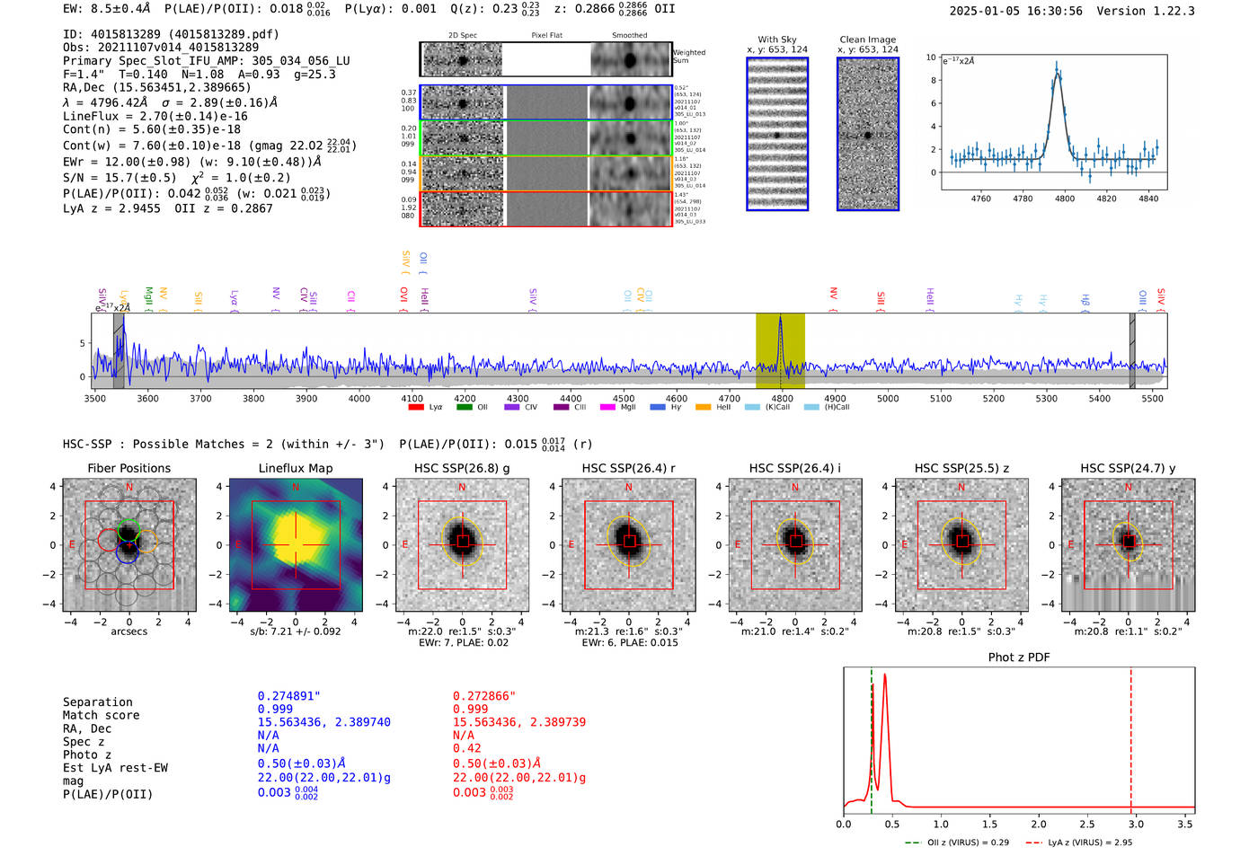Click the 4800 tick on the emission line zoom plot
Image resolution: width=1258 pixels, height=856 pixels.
click(x=1065, y=199)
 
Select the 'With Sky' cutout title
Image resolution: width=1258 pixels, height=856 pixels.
click(x=776, y=40)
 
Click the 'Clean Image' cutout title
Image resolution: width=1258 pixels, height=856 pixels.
click(x=867, y=40)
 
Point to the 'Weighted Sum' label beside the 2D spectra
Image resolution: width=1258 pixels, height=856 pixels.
click(x=689, y=57)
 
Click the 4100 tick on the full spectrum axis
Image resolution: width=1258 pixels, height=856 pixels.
click(x=412, y=399)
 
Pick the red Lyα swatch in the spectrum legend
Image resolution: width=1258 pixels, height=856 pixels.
click(x=416, y=408)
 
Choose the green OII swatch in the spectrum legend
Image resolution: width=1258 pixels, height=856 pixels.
click(x=464, y=408)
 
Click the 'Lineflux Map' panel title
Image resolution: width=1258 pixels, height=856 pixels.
click(x=295, y=468)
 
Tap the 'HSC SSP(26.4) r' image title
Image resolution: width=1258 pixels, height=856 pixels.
click(x=628, y=468)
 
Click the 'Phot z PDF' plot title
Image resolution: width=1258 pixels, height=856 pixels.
click(x=1019, y=657)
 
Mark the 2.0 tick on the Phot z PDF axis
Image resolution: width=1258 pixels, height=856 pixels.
click(x=1039, y=824)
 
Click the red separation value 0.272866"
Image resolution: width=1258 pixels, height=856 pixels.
click(x=484, y=696)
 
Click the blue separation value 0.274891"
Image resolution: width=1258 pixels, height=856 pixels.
click(x=289, y=696)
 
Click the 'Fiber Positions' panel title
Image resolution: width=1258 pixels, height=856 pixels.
click(x=128, y=468)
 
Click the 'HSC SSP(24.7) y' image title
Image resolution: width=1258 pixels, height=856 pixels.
click(x=1128, y=468)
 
